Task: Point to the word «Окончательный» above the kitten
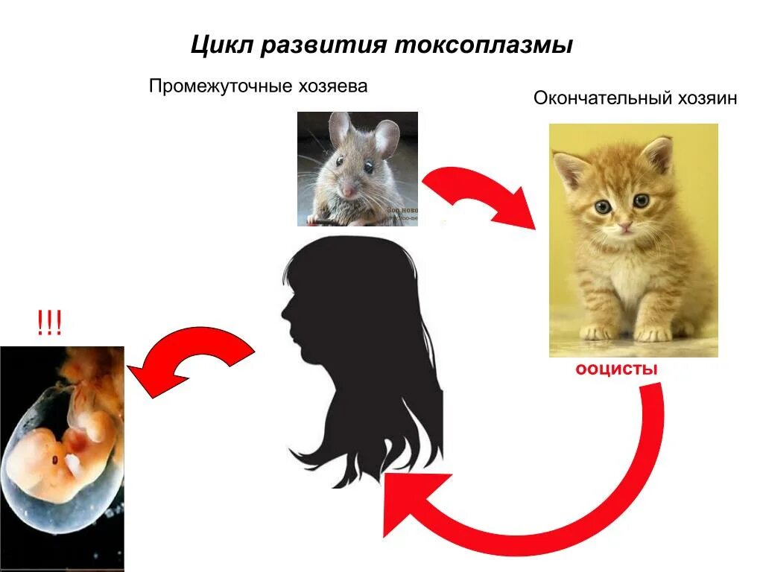[601, 98]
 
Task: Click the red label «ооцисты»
[616, 370]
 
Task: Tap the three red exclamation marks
[48, 325]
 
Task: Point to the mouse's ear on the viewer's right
[386, 138]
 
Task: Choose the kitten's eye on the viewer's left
[601, 207]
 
